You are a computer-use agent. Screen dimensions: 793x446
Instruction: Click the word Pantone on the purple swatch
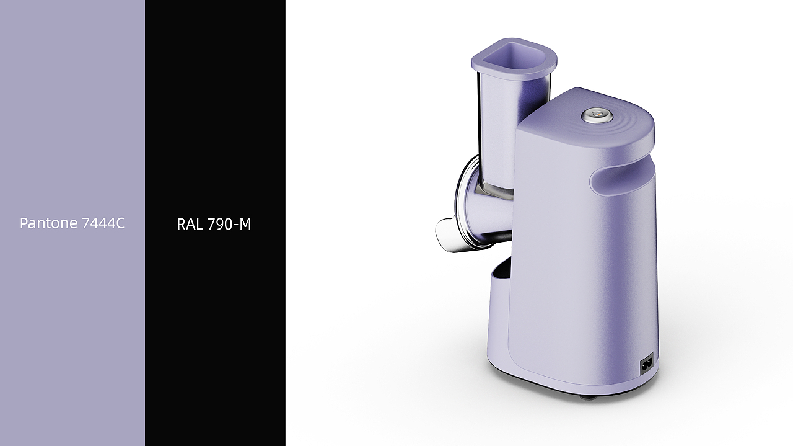point(48,223)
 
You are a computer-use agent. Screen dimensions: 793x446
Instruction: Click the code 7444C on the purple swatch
point(103,223)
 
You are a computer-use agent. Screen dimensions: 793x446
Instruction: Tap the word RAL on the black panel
point(190,224)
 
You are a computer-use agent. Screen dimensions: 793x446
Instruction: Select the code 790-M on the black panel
point(229,224)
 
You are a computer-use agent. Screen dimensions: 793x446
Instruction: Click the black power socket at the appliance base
point(646,363)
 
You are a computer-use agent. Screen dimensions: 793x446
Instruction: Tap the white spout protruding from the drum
point(448,236)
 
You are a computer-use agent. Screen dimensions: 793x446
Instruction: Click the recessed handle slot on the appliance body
point(622,180)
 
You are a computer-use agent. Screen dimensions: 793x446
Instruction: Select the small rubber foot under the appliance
point(587,397)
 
